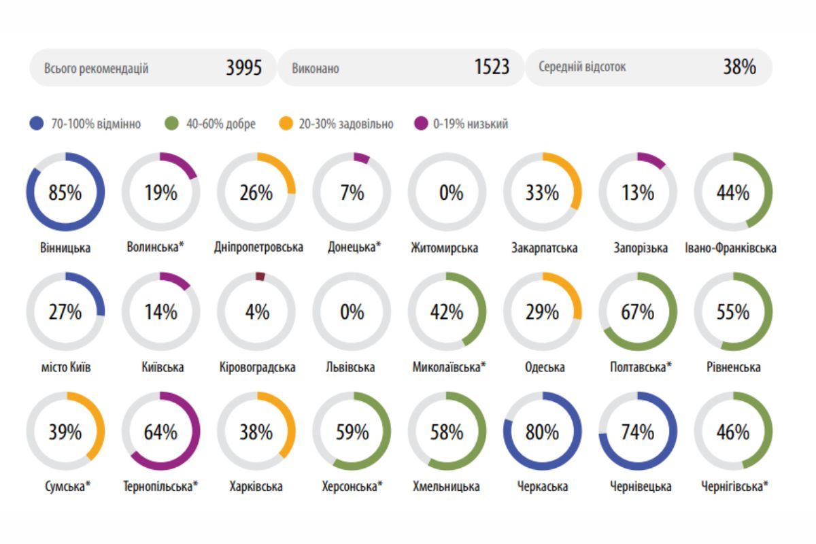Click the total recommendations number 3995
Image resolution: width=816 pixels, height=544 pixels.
point(243,67)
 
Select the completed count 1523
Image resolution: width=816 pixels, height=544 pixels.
point(492,67)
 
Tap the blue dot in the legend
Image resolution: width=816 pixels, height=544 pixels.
point(37,123)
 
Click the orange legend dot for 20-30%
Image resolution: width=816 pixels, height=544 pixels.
point(286,123)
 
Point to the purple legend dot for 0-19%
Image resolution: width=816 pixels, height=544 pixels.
point(421,123)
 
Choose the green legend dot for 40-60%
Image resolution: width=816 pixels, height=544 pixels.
point(171,123)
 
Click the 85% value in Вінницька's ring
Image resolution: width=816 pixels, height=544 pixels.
point(65,192)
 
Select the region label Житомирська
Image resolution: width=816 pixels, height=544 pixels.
point(445,248)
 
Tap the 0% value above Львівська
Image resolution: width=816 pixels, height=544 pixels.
point(352,312)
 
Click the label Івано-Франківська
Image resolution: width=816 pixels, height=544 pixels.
point(731,248)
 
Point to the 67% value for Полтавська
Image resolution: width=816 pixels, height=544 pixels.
point(638,312)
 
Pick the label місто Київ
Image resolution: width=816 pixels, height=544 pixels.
point(66,367)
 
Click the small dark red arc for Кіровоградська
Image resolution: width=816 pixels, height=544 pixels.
point(260,276)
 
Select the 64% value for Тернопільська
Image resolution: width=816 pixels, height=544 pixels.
point(160,432)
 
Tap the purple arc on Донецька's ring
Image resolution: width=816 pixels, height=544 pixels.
point(362,158)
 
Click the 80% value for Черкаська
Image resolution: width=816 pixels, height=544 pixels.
point(542,432)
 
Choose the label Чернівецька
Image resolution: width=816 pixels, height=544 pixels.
point(641,486)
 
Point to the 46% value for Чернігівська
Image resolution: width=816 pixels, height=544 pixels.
point(733,432)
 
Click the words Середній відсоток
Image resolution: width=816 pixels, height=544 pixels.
point(582,67)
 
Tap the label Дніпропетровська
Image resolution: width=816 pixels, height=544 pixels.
point(258,247)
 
